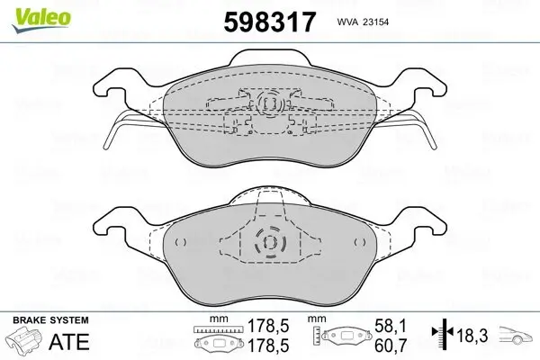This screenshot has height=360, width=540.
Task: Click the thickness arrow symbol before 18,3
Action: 444,334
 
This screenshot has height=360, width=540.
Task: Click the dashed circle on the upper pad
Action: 267,105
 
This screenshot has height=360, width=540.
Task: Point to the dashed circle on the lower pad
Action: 268,243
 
